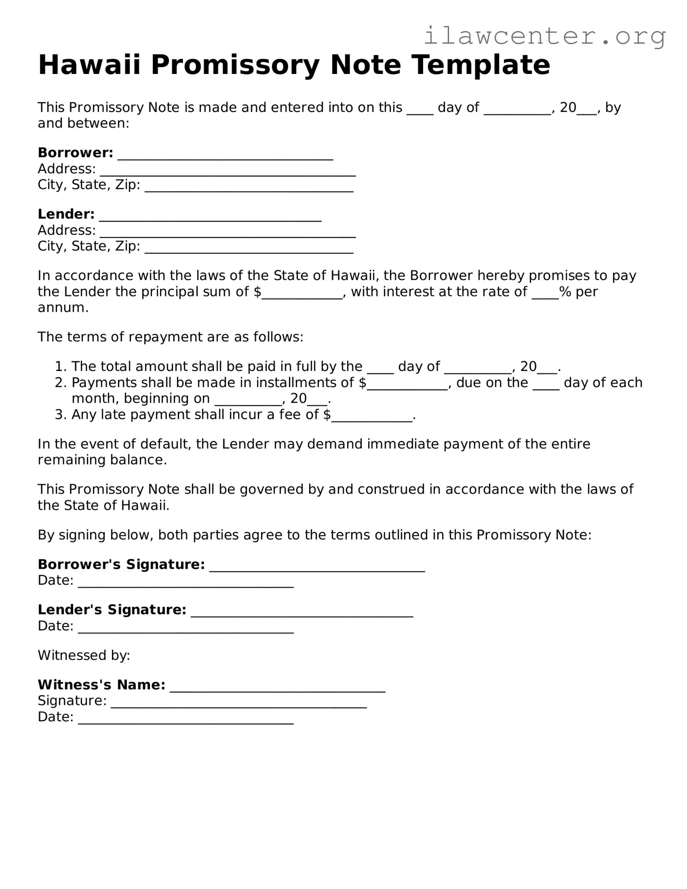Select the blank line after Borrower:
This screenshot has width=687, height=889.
pyautogui.click(x=225, y=155)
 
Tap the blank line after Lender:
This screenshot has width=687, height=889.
pyautogui.click(x=210, y=216)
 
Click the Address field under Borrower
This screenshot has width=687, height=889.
pyautogui.click(x=227, y=171)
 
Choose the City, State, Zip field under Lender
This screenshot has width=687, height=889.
pyautogui.click(x=249, y=248)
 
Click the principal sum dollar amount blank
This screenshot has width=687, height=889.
pyautogui.click(x=302, y=294)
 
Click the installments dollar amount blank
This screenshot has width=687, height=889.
pyautogui.click(x=407, y=385)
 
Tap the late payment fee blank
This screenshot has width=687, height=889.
pyautogui.click(x=371, y=417)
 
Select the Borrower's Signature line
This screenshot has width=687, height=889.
pyautogui.click(x=317, y=567)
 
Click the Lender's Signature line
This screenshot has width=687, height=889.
pyautogui.click(x=302, y=612)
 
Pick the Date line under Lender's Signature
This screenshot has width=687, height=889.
pyautogui.click(x=186, y=628)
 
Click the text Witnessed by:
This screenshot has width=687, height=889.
pyautogui.click(x=84, y=655)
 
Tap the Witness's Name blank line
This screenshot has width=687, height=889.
pyautogui.click(x=278, y=687)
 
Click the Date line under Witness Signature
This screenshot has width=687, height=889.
pyautogui.click(x=186, y=719)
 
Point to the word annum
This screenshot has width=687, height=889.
pyautogui.click(x=62, y=308)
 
